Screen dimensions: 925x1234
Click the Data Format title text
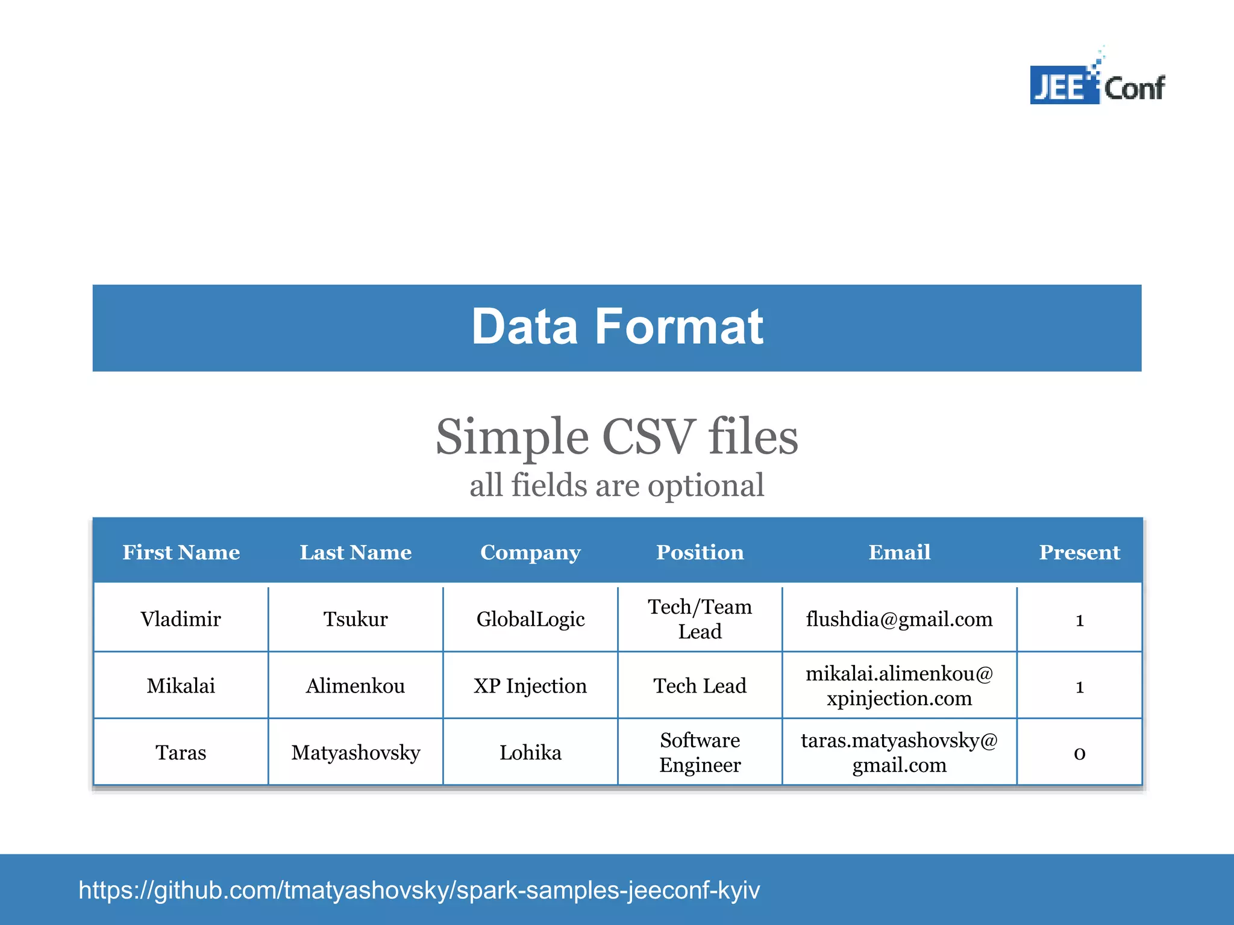tap(617, 327)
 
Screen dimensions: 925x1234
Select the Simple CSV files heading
tap(617, 437)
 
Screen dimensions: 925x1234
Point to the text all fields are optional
tap(617, 485)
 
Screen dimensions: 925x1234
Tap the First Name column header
tap(181, 552)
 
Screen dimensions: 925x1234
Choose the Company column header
tap(530, 552)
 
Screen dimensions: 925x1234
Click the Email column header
tap(899, 552)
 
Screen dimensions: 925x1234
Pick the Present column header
tap(1079, 552)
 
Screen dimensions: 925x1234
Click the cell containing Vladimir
tap(181, 619)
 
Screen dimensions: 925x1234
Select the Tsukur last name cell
tap(355, 619)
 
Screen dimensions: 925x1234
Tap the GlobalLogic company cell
tap(530, 619)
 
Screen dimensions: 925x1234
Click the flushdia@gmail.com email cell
tap(899, 619)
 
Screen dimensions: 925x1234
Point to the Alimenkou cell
tap(355, 686)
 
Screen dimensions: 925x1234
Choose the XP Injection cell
tap(530, 686)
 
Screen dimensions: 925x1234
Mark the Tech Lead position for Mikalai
tap(700, 686)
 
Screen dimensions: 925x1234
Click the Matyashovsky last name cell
tap(355, 753)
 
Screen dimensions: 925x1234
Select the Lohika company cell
tap(530, 753)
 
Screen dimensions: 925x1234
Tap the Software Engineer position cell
tap(700, 753)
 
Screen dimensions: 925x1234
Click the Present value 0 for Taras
tap(1079, 753)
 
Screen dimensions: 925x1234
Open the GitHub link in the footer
tap(419, 890)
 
